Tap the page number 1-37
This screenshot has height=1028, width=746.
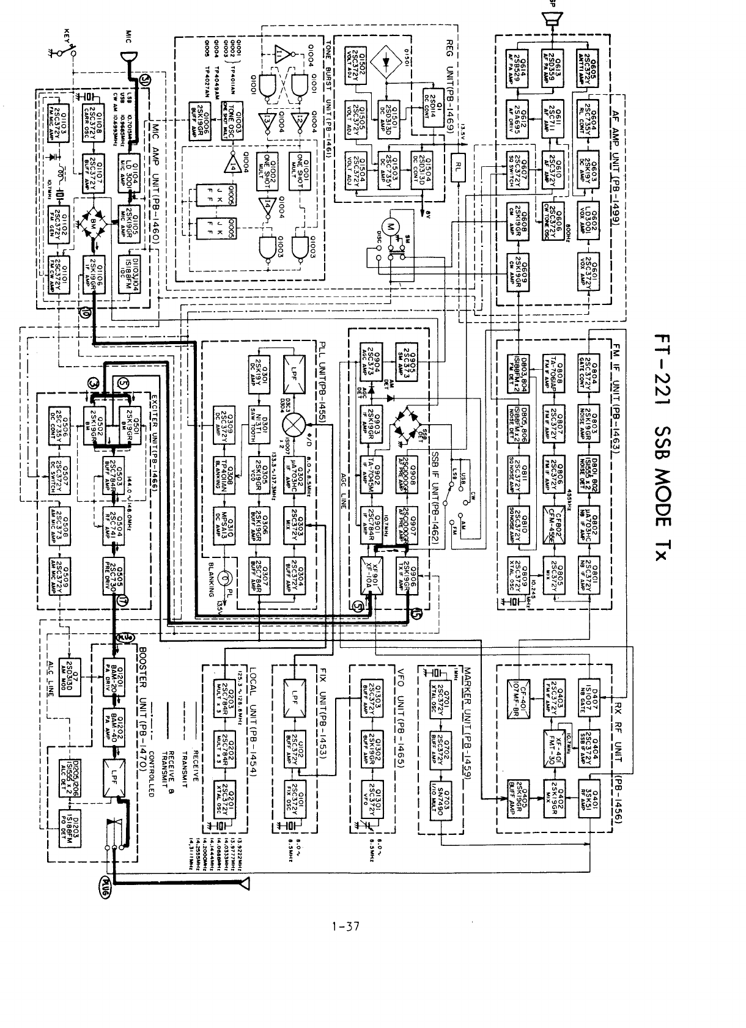345,927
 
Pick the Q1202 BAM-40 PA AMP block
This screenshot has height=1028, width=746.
114,728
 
